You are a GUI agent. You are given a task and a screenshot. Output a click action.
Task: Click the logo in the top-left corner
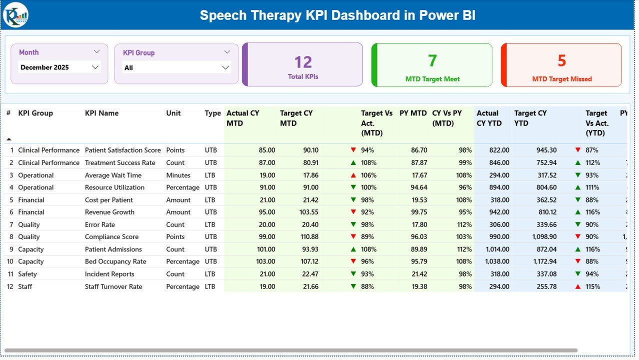click(15, 15)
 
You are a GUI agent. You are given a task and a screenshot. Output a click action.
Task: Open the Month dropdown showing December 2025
click(59, 67)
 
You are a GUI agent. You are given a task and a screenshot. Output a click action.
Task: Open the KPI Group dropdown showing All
click(176, 67)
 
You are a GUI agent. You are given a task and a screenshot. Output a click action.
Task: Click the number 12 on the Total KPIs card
click(303, 62)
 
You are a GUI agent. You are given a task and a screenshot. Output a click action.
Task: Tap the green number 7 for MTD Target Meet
click(432, 60)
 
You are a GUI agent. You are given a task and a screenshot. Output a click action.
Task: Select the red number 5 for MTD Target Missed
click(561, 60)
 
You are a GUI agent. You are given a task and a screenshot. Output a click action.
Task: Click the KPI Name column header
click(101, 113)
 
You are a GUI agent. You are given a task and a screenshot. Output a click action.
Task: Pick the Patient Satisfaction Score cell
click(122, 150)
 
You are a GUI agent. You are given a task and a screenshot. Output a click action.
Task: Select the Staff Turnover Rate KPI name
click(113, 286)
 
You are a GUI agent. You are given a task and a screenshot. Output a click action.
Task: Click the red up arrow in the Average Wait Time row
click(353, 175)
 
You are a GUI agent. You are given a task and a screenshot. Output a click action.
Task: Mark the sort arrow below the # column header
click(8, 139)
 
